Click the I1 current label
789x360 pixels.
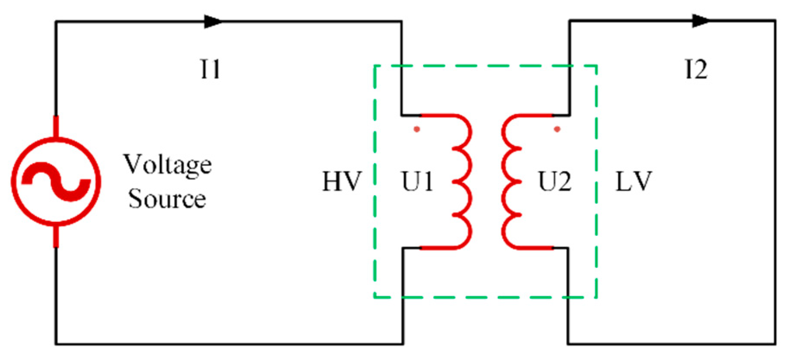(211, 69)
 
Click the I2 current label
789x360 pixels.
(696, 69)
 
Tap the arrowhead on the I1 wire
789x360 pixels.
(213, 22)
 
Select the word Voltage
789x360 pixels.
(167, 165)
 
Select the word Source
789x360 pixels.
(167, 199)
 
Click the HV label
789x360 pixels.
(342, 181)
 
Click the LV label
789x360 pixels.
(633, 181)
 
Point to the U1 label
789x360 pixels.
(418, 181)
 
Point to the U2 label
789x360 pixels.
(555, 181)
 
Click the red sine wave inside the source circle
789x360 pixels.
(56, 181)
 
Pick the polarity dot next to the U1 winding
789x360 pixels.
(417, 129)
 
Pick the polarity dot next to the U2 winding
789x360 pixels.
(557, 129)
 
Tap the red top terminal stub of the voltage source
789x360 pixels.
(56, 126)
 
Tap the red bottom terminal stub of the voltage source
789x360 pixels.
(56, 236)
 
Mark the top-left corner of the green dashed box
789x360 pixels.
(375, 66)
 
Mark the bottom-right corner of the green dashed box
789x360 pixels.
(597, 297)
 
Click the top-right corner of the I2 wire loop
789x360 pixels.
(775, 21)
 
